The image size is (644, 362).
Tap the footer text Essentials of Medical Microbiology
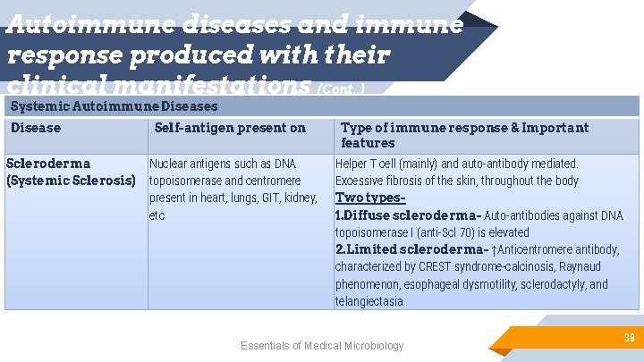[322, 346]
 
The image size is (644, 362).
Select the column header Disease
[36, 128]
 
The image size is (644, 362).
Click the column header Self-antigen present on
[230, 128]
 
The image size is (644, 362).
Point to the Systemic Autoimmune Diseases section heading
[114, 106]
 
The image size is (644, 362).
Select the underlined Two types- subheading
[370, 198]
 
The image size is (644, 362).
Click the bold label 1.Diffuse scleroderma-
[408, 215]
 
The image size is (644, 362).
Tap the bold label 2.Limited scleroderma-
[411, 249]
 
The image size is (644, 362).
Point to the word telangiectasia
[369, 301]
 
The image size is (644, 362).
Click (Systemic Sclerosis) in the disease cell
[71, 181]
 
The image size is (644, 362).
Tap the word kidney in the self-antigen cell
[299, 198]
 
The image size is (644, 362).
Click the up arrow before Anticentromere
[495, 249]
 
